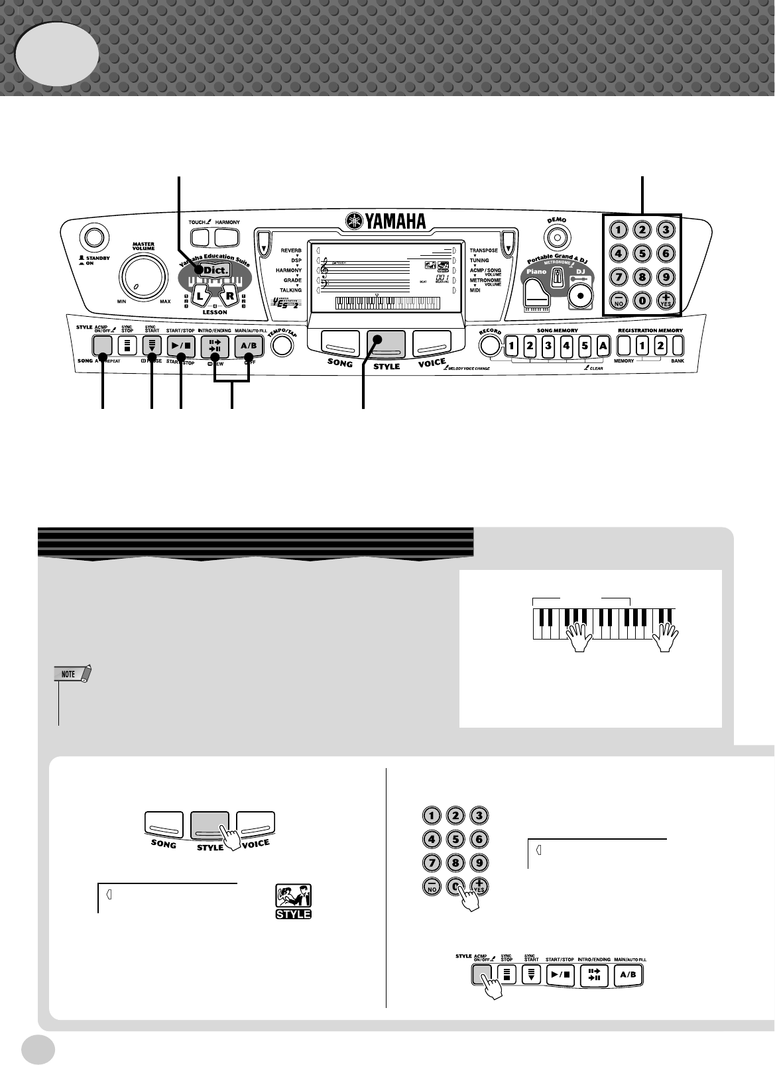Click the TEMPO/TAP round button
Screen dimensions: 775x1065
click(283, 345)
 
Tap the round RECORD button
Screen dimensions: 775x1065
click(490, 345)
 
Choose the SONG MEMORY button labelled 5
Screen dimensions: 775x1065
click(584, 345)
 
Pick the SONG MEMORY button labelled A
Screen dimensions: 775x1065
click(602, 345)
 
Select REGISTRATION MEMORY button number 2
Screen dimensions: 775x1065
click(660, 345)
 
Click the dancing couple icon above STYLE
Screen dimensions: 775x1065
click(293, 895)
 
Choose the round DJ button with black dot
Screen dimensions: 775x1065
click(581, 296)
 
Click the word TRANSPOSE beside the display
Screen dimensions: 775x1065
click(484, 251)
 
